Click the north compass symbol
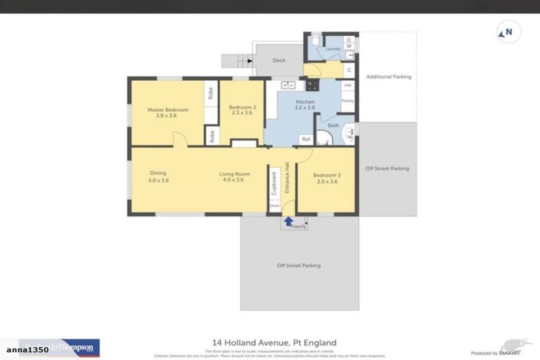[x=506, y=32]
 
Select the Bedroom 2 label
[x=240, y=110]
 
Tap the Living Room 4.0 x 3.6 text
[x=231, y=176]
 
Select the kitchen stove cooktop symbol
[x=311, y=86]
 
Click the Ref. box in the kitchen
[x=306, y=139]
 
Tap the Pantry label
[x=347, y=101]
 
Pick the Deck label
[x=279, y=60]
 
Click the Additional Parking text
[x=388, y=77]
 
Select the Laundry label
[x=333, y=49]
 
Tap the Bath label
[x=333, y=126]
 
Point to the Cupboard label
[x=274, y=184]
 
